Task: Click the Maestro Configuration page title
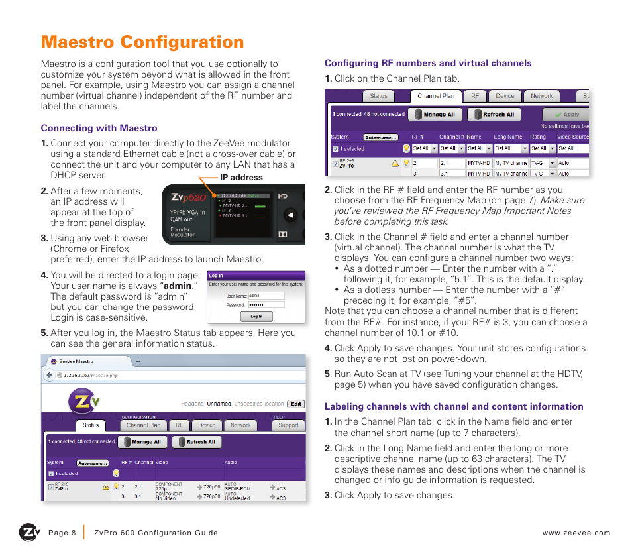(x=142, y=42)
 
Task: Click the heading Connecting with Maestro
(x=99, y=128)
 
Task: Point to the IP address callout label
(x=241, y=178)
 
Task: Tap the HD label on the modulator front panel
(x=282, y=196)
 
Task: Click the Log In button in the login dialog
(x=256, y=317)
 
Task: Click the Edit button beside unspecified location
(x=295, y=404)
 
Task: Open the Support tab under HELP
(x=288, y=425)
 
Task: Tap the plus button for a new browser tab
(x=138, y=362)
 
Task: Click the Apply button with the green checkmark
(x=567, y=114)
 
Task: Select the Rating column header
(x=538, y=137)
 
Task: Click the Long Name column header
(x=508, y=137)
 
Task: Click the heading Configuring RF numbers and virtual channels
(x=428, y=63)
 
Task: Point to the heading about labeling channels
(x=454, y=406)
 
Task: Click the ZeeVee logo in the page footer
(x=29, y=532)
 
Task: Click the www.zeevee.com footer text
(x=576, y=533)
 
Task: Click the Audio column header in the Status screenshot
(x=231, y=462)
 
